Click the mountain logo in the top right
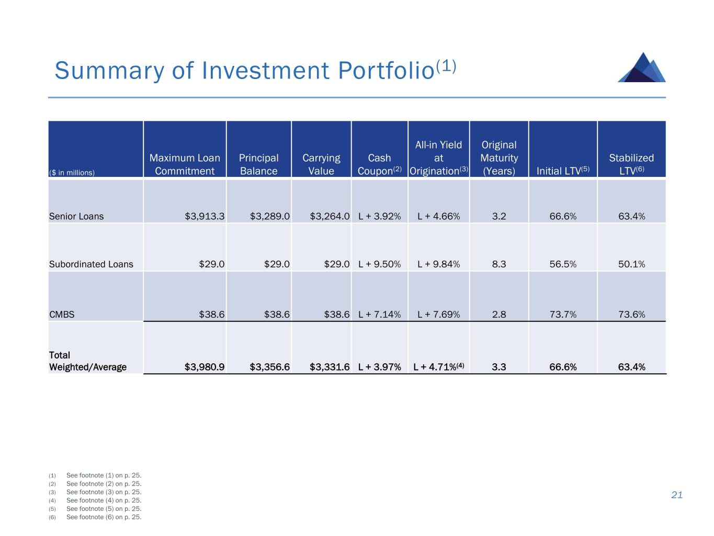(642, 68)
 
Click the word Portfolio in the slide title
(386, 71)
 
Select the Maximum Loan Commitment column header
(185, 164)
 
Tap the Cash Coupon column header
(379, 164)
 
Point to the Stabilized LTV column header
(631, 164)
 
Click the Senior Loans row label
(76, 216)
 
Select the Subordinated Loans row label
(91, 264)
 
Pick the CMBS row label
(62, 315)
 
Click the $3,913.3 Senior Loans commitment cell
(205, 216)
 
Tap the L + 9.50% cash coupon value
(379, 264)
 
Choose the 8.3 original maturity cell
(499, 264)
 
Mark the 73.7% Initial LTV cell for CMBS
(563, 315)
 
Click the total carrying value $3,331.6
(330, 367)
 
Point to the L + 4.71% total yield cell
(438, 367)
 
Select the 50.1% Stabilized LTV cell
(631, 264)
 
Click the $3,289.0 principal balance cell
(269, 216)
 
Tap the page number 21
(677, 495)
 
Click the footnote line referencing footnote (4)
(104, 500)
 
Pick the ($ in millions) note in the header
(72, 173)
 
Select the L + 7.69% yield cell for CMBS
(438, 315)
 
